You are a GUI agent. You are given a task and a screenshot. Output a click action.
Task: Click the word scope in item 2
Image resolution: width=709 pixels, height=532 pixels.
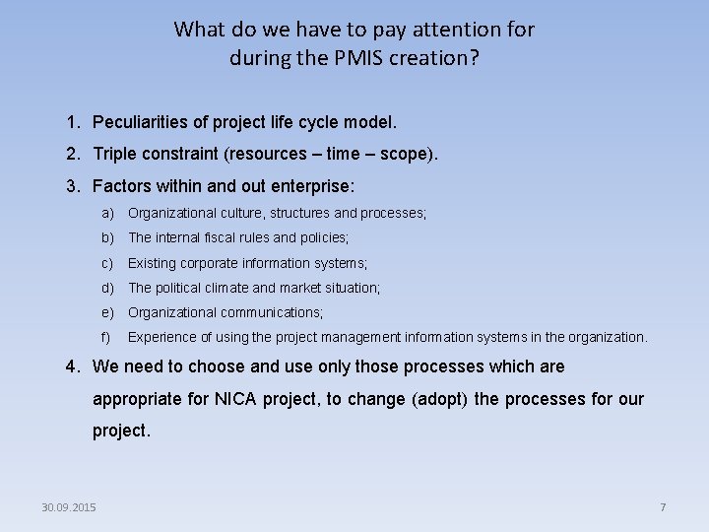(405, 154)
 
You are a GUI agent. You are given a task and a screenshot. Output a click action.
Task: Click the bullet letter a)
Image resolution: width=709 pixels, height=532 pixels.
(107, 213)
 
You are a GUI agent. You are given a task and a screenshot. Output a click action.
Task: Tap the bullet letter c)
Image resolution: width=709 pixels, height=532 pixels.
(107, 263)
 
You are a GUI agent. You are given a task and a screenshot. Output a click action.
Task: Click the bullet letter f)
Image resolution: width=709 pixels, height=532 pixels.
(106, 337)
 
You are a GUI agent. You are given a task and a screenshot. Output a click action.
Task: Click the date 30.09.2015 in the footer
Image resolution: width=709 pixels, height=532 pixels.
(69, 507)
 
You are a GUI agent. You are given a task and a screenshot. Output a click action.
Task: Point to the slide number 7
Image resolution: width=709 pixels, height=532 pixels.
(663, 507)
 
